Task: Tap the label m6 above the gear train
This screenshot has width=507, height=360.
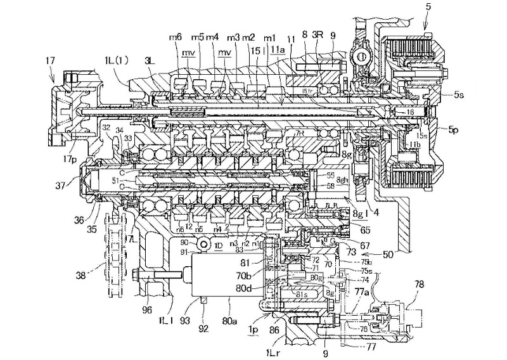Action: (175, 38)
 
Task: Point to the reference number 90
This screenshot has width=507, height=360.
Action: (183, 241)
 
